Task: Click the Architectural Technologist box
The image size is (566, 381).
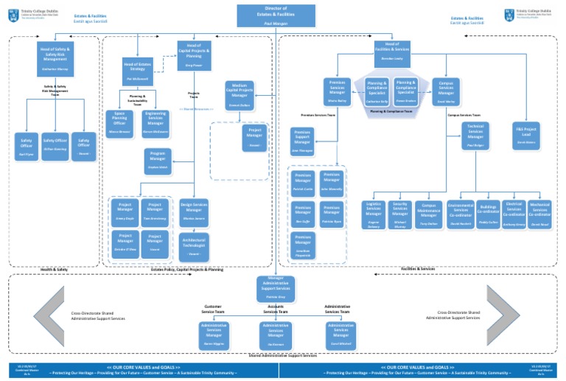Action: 194,245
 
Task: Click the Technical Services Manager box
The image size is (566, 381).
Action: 475,134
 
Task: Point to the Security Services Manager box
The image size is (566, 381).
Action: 399,213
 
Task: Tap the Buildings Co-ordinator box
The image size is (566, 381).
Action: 487,213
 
